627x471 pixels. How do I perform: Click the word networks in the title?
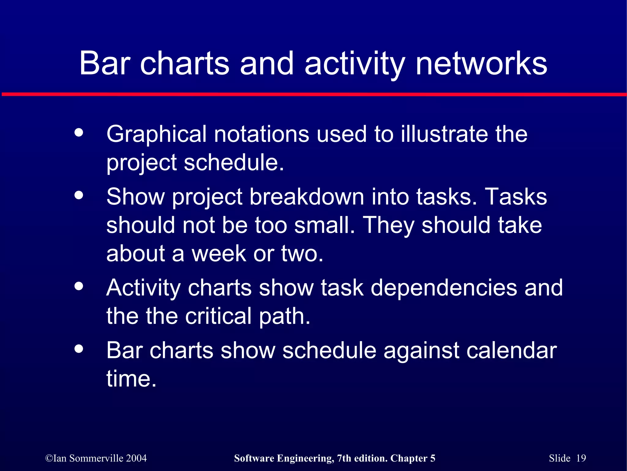coord(481,63)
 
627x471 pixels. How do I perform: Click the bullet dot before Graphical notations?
coord(79,132)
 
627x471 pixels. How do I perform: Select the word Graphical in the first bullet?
coord(156,135)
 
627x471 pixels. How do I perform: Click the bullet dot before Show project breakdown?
coord(79,195)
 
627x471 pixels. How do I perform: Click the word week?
coord(219,254)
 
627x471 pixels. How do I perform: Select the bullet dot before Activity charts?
coord(79,286)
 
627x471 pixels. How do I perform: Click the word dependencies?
coord(444,288)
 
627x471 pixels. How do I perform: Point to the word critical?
coord(218,316)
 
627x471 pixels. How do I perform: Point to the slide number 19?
coord(581,458)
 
